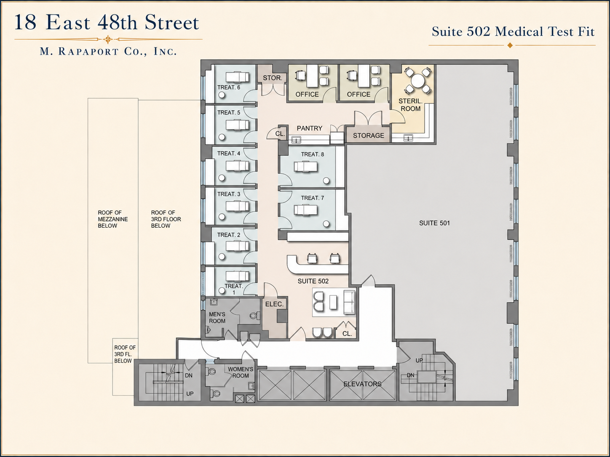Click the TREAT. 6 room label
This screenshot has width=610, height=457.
[228, 88]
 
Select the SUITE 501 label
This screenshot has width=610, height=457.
[434, 223]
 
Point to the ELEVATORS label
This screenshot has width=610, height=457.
[362, 384]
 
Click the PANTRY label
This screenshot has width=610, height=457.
[310, 128]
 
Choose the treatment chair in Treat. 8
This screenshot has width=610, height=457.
[306, 167]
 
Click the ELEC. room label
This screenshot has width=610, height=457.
[274, 304]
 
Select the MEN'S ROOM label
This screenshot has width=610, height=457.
[217, 318]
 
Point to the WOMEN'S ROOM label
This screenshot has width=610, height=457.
[241, 372]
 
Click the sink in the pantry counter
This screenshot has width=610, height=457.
[296, 140]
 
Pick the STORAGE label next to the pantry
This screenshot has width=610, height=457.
[369, 136]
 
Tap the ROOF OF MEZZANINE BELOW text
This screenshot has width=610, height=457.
[113, 219]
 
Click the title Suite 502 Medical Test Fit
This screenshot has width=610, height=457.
[513, 32]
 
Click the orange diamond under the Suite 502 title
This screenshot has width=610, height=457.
[510, 45]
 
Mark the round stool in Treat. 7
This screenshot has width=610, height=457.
[326, 223]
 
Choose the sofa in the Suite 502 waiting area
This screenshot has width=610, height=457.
[349, 303]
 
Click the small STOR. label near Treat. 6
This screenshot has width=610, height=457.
[272, 78]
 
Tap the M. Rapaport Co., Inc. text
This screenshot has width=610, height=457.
[108, 52]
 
